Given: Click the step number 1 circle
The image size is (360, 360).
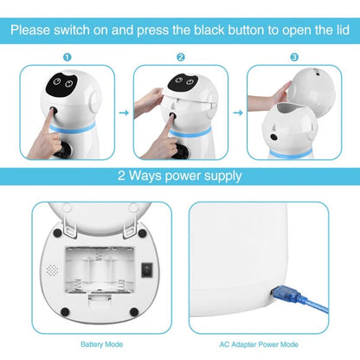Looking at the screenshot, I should tap(66, 57).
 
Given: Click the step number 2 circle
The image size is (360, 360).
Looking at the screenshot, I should tap(181, 57).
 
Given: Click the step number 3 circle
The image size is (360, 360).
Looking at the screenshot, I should tap(294, 57).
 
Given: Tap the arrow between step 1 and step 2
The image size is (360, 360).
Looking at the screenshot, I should tap(122, 111).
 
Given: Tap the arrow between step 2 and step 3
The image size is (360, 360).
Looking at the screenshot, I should tap(237, 111).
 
